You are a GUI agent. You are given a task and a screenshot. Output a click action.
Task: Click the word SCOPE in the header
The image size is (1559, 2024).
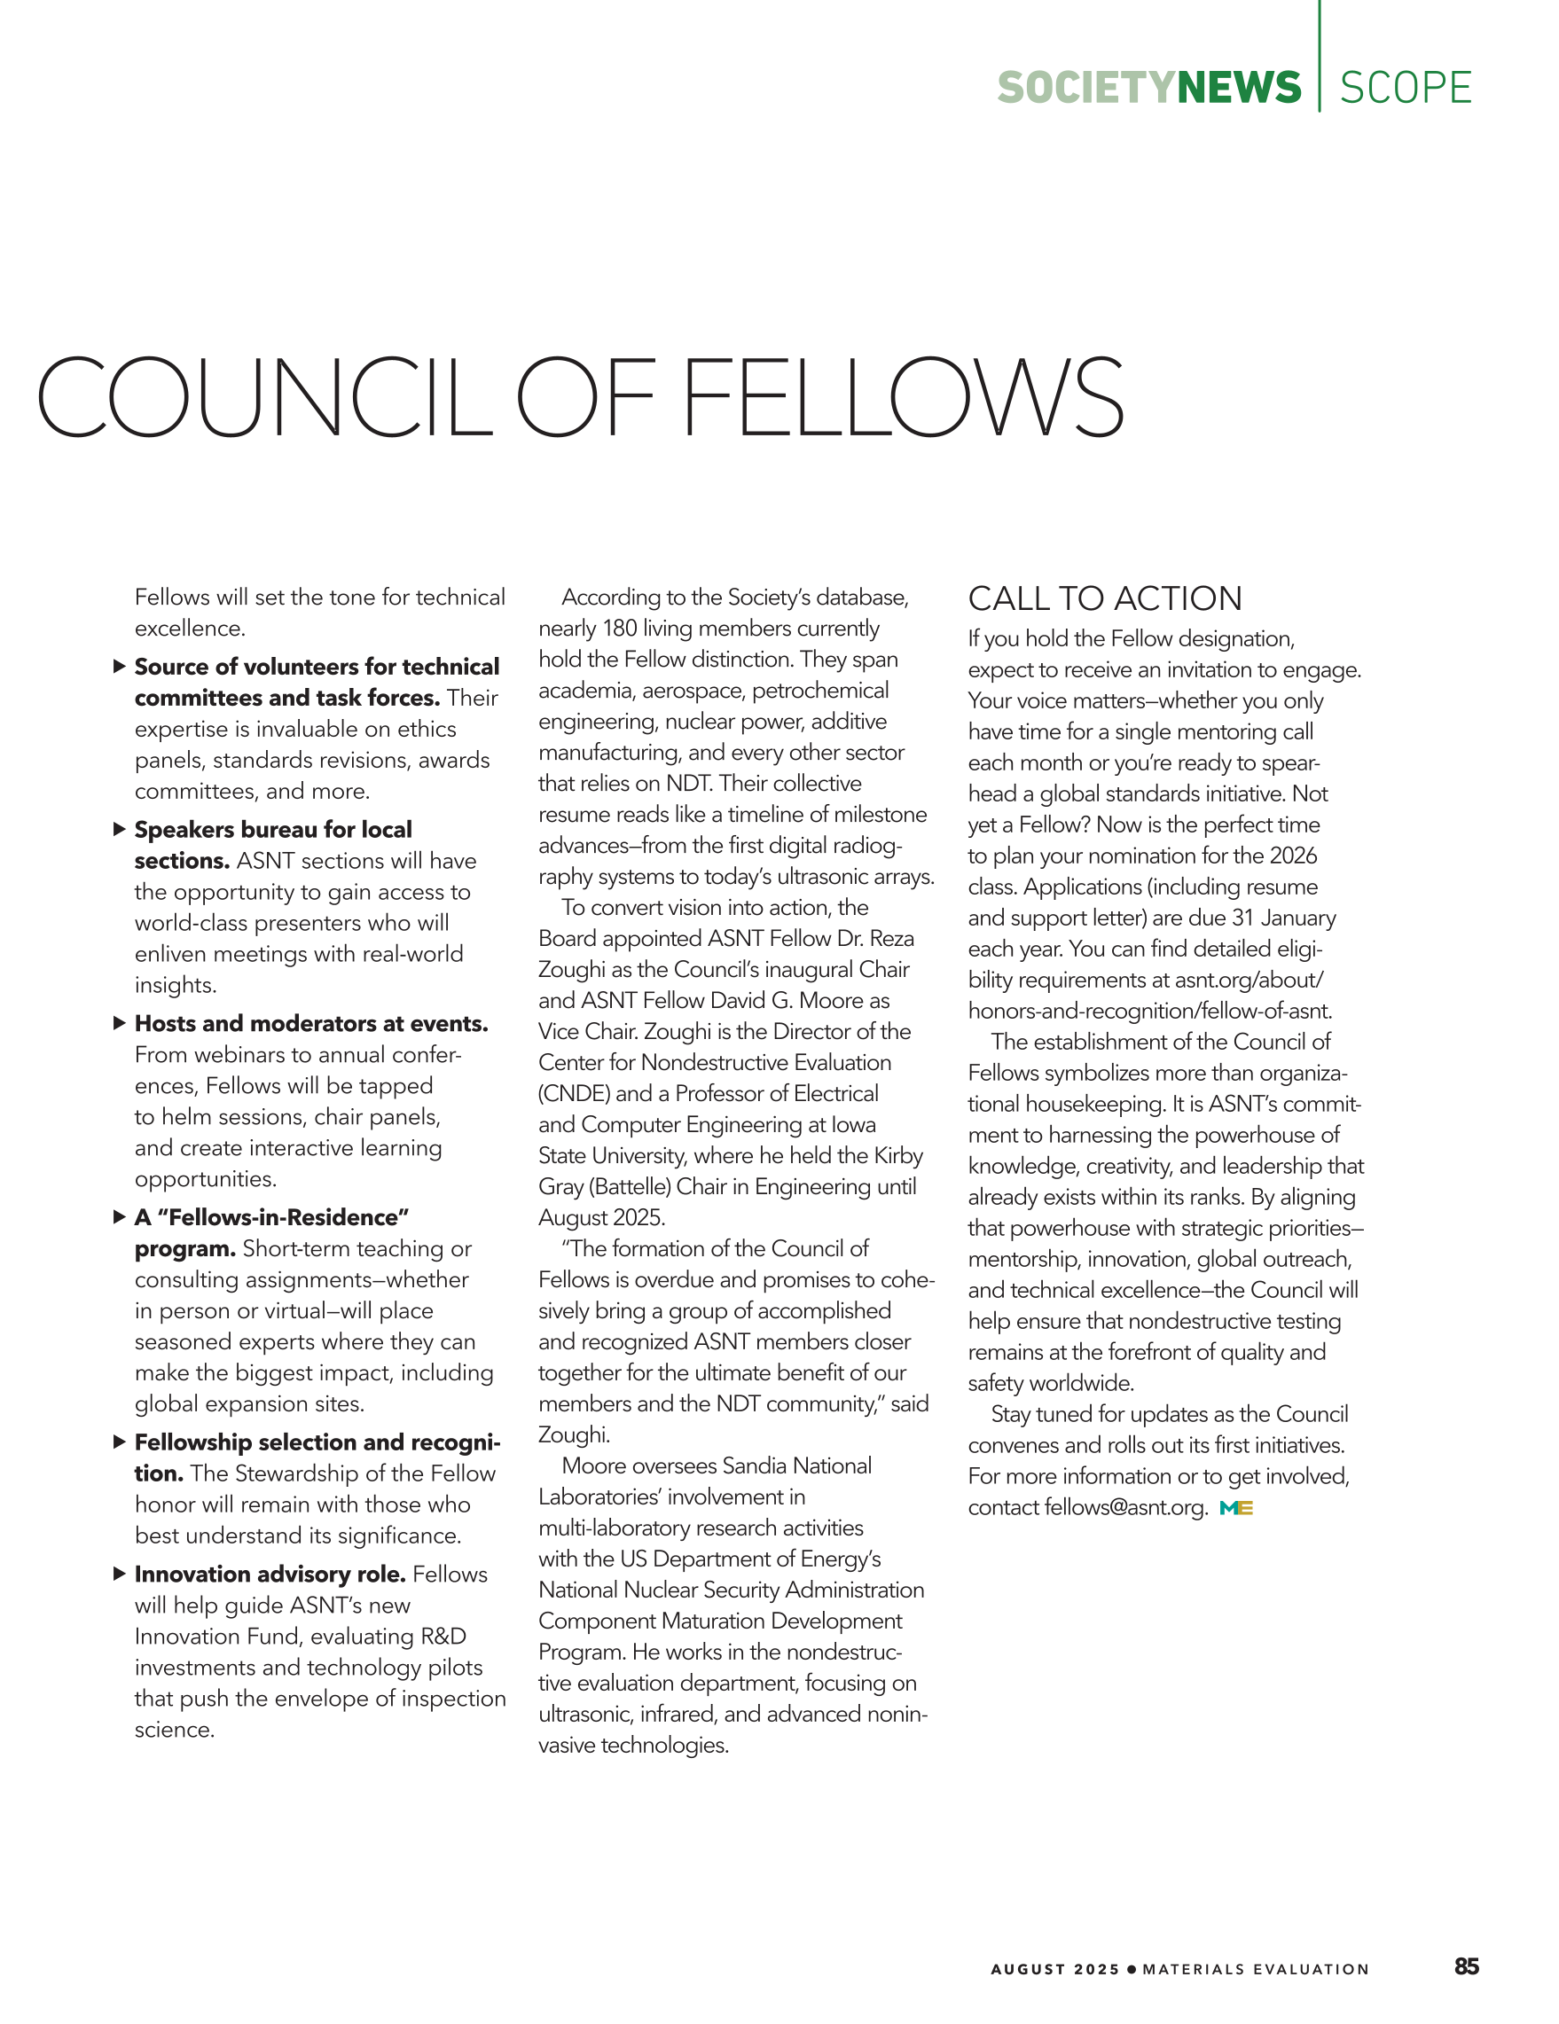1405,88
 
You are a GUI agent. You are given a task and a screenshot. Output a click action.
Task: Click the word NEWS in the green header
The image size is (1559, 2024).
1239,88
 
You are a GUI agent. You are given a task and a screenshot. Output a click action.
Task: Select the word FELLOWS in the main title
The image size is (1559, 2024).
903,397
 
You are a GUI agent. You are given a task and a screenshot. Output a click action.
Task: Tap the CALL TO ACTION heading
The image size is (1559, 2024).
1105,598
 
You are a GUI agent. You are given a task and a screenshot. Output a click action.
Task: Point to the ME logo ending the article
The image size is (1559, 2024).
1236,1509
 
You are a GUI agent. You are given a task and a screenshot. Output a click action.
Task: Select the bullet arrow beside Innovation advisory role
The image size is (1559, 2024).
119,1574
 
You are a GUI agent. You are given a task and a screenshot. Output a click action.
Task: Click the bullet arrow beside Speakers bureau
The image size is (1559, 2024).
119,830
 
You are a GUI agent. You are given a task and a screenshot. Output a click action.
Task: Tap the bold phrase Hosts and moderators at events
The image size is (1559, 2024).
310,1024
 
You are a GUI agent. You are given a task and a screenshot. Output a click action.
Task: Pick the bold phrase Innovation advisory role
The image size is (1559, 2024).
270,1575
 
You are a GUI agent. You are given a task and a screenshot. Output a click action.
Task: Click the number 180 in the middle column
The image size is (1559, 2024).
619,629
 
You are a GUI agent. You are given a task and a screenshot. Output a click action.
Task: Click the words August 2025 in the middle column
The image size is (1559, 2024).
600,1218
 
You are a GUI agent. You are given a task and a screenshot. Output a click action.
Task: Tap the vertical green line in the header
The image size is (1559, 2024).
1320,56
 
